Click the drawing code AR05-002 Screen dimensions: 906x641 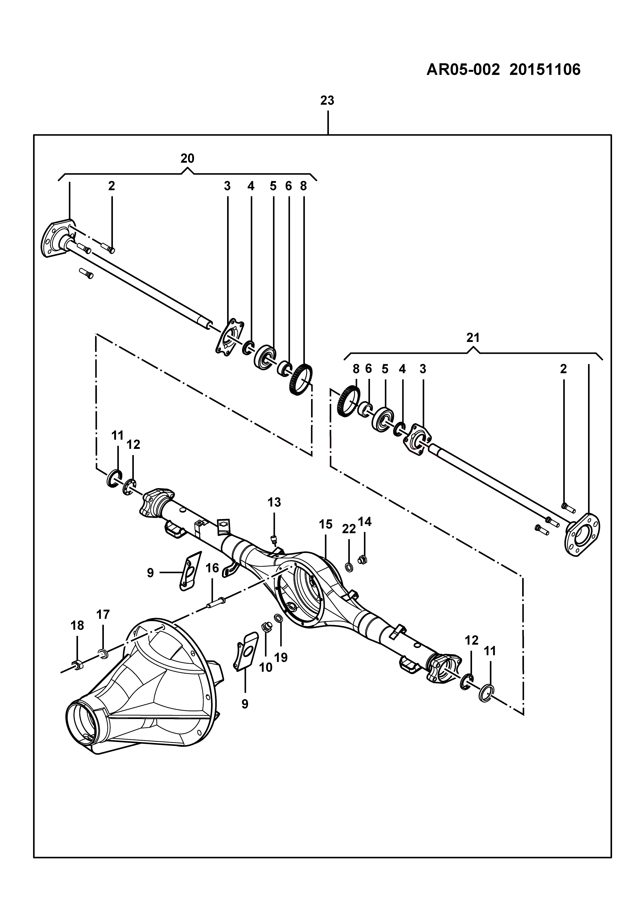462,70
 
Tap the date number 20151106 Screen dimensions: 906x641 545,70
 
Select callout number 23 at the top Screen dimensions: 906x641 327,101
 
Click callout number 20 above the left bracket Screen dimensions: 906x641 188,158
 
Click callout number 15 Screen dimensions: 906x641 326,525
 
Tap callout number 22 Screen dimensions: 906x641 349,529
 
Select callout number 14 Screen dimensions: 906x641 365,522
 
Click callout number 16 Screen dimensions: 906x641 212,568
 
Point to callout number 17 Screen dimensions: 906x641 103,615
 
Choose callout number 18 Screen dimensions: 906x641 77,626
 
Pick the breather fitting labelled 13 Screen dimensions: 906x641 273,540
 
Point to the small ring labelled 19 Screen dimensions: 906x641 278,618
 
